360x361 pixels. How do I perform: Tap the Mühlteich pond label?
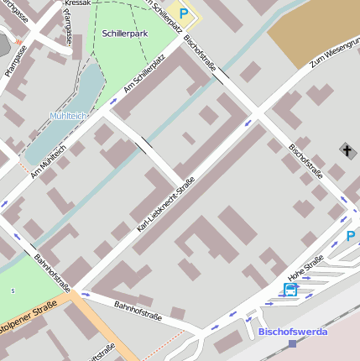[x=69, y=115]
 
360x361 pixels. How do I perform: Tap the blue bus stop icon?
[x=290, y=290]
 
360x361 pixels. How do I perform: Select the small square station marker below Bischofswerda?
[x=292, y=343]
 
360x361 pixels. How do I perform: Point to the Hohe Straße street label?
[x=305, y=269]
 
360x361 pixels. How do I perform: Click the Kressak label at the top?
[x=77, y=3]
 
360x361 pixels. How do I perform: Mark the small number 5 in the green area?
[x=13, y=290]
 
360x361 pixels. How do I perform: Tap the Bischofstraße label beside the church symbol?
[x=305, y=160]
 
